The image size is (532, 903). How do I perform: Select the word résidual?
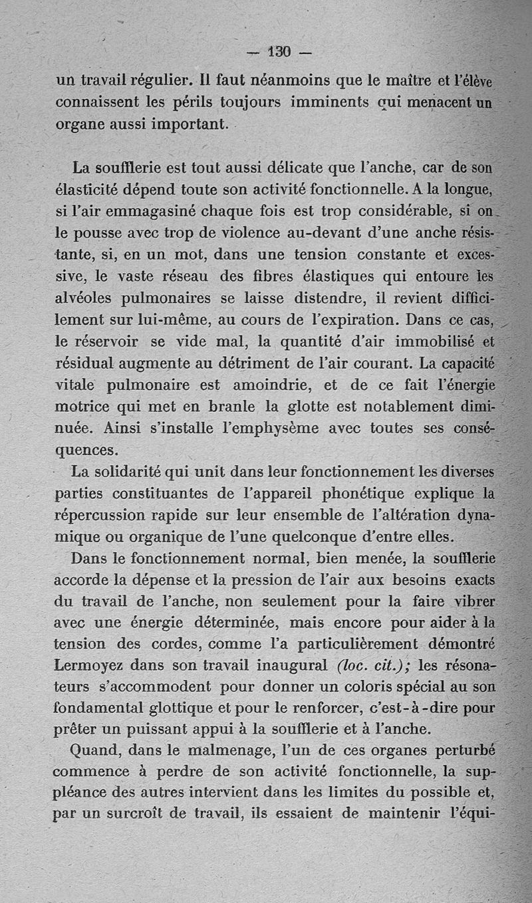point(86,362)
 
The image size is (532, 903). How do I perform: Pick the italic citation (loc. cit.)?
point(372,665)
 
